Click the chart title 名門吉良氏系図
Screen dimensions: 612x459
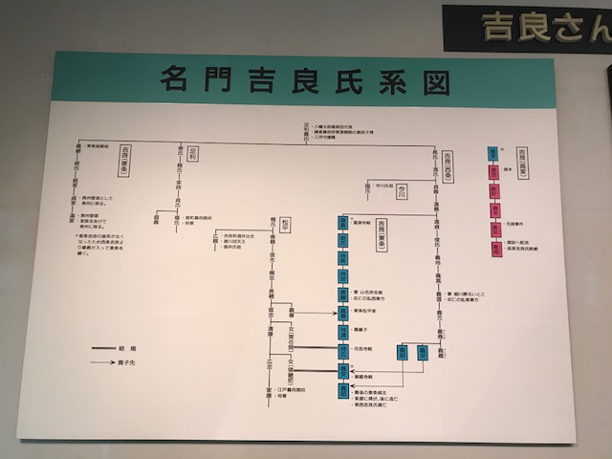304,81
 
